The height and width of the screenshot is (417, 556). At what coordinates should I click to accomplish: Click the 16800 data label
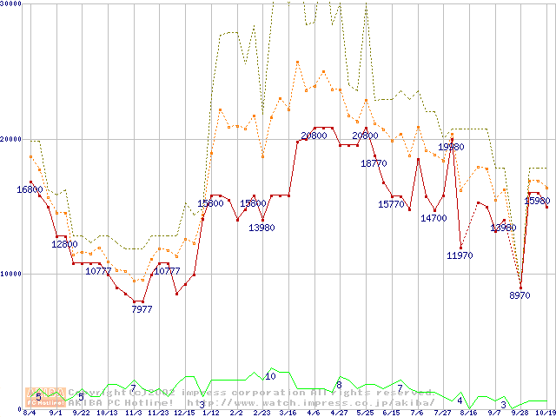tap(30, 189)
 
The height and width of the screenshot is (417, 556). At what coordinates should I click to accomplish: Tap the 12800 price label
tap(64, 244)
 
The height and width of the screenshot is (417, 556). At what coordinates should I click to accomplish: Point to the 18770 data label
tap(374, 163)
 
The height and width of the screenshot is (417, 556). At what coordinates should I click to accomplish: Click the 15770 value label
tap(391, 204)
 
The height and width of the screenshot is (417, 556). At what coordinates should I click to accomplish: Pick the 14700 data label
tap(434, 218)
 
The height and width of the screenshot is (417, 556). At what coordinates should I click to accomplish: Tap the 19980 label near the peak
tap(450, 148)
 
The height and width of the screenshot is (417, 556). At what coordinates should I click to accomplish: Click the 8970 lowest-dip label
tap(520, 296)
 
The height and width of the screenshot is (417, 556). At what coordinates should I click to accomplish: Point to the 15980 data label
tap(537, 202)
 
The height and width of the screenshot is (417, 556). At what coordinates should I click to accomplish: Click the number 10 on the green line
tap(270, 376)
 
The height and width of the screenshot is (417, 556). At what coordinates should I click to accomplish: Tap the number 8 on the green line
tap(339, 384)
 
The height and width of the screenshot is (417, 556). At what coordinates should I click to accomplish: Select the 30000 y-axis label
tap(12, 4)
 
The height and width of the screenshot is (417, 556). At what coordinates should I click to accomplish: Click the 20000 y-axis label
tap(12, 139)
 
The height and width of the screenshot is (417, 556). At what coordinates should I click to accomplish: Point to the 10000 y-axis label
tap(12, 274)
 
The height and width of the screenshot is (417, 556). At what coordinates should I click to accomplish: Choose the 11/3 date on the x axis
tap(133, 413)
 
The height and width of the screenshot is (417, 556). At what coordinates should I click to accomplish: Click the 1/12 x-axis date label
tap(210, 413)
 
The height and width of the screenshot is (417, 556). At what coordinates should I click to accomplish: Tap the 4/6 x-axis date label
tap(314, 413)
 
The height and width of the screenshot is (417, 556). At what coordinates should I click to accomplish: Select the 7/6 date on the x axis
tap(416, 413)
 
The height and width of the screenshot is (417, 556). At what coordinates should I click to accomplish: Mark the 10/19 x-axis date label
tap(545, 413)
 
